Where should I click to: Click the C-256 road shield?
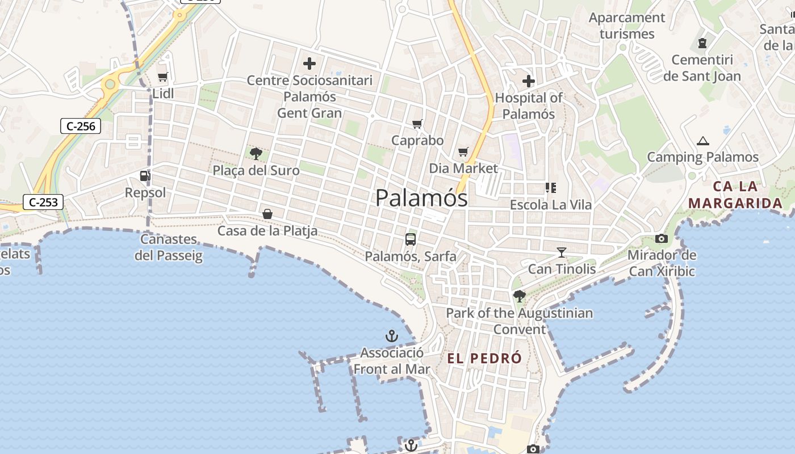tap(81, 126)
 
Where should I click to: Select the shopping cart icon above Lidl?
tap(163, 77)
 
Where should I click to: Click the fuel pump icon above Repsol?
tap(145, 176)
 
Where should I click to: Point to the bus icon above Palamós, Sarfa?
tap(411, 239)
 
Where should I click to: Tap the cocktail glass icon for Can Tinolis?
tap(562, 252)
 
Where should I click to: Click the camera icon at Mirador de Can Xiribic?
tap(662, 238)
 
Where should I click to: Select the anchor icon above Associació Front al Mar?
tap(392, 336)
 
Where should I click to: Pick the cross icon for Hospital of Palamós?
tap(529, 81)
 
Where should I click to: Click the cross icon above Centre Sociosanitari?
tap(309, 64)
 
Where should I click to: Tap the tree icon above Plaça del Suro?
tap(256, 153)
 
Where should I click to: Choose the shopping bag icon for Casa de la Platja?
tap(267, 214)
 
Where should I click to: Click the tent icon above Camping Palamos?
tap(703, 141)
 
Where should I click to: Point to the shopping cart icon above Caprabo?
tap(417, 124)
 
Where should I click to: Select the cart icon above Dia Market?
tap(463, 152)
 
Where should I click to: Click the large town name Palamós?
tap(421, 198)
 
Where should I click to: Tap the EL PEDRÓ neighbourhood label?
tap(484, 359)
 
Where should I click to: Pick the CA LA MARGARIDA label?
tap(736, 195)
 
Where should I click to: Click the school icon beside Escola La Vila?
tap(550, 187)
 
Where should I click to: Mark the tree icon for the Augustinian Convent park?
tap(519, 296)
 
